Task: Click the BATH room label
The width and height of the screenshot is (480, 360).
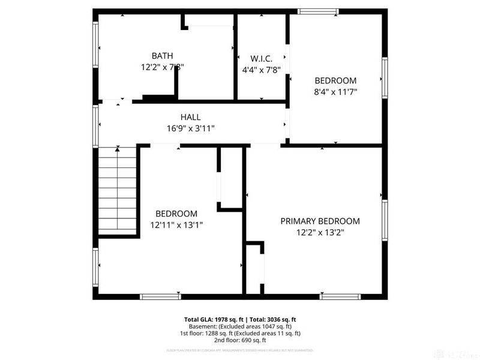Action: point(158,56)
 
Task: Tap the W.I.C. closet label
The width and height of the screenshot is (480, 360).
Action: point(262,58)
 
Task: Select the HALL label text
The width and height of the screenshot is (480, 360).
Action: point(191,117)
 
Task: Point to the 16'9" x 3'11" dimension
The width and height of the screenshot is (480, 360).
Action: point(191,128)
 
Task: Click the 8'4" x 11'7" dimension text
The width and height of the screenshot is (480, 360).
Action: point(336,92)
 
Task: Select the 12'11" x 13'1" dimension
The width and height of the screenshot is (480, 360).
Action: point(176,225)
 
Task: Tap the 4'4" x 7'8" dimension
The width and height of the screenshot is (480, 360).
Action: point(262,70)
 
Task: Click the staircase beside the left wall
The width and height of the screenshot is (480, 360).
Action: point(118,192)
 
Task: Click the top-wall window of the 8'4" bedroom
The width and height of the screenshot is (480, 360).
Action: point(318,11)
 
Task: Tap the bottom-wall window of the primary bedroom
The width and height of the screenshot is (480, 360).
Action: point(340,296)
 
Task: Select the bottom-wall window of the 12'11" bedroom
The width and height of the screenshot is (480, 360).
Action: point(160,296)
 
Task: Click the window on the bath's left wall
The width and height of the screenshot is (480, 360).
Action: point(95,45)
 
